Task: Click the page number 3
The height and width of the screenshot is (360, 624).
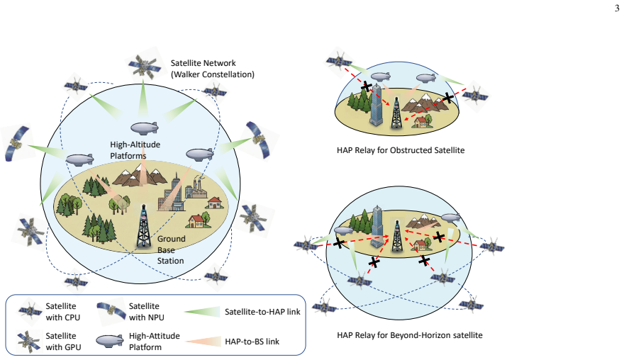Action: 617,9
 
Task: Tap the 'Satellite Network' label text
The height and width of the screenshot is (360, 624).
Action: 203,63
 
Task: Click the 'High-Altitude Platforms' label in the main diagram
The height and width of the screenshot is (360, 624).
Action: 135,150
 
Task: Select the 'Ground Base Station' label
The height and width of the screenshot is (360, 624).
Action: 171,250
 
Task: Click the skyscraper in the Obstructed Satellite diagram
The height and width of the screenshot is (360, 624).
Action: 376,105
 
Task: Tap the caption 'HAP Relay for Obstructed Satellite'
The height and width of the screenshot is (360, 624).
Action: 401,150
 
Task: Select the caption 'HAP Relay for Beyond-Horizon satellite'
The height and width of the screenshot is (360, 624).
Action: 410,335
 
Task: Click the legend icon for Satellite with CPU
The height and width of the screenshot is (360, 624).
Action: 30,310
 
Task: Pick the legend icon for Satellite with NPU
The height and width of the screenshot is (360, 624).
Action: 111,309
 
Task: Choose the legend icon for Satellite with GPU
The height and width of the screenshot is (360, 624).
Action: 29,341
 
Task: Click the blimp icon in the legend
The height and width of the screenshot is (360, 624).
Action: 109,341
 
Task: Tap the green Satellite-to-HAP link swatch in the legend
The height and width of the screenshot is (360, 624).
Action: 202,312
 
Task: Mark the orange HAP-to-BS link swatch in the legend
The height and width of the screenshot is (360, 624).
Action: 203,342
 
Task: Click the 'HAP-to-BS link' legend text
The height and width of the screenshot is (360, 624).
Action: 252,342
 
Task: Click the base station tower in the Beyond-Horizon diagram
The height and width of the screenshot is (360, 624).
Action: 396,236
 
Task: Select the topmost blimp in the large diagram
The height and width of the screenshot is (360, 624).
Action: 145,128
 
